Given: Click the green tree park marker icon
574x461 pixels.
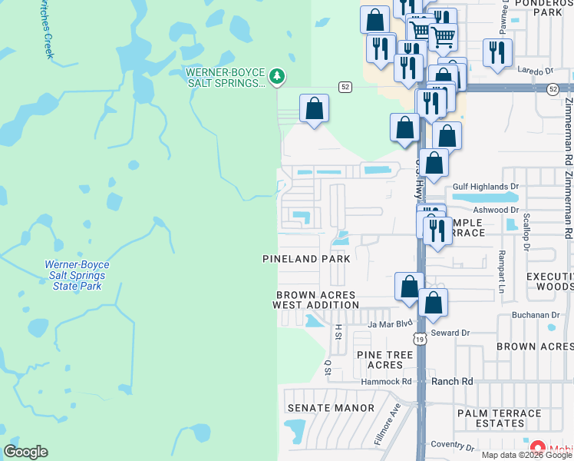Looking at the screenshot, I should click(277, 76).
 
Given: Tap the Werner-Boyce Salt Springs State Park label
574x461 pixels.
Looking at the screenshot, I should click(77, 275).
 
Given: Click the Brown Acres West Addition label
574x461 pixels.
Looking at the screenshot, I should click(315, 300).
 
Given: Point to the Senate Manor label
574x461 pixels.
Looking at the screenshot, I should click(331, 408).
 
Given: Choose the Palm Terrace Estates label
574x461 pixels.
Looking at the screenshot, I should click(500, 418).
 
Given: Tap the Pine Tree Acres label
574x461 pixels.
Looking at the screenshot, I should click(384, 360).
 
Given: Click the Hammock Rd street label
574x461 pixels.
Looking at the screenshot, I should click(387, 381).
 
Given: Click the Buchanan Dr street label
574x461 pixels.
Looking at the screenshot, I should click(537, 315).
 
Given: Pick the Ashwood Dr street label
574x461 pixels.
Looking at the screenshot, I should click(496, 209).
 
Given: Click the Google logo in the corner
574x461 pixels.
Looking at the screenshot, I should click(25, 452).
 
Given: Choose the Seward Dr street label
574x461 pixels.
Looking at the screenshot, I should click(450, 333).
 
